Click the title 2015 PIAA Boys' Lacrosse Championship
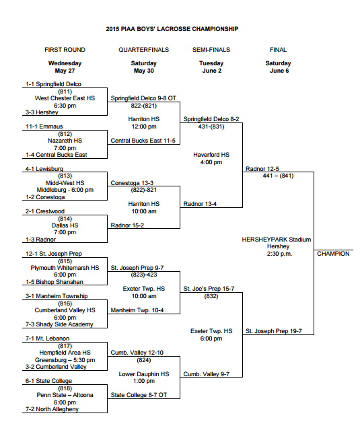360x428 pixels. [x=172, y=29]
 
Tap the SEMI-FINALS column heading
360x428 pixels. [x=211, y=50]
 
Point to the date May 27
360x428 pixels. [x=65, y=71]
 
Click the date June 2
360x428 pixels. [x=211, y=71]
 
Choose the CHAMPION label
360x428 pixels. [x=333, y=254]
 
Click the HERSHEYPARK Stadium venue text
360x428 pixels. [x=277, y=239]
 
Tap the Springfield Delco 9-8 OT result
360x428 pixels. [x=142, y=98]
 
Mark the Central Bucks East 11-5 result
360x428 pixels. [x=143, y=141]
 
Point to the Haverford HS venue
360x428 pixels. [x=211, y=154]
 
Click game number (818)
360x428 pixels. [x=65, y=388]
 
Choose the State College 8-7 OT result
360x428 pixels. [x=139, y=395]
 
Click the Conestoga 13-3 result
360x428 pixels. [x=133, y=182]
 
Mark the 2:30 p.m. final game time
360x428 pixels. [x=277, y=254]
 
